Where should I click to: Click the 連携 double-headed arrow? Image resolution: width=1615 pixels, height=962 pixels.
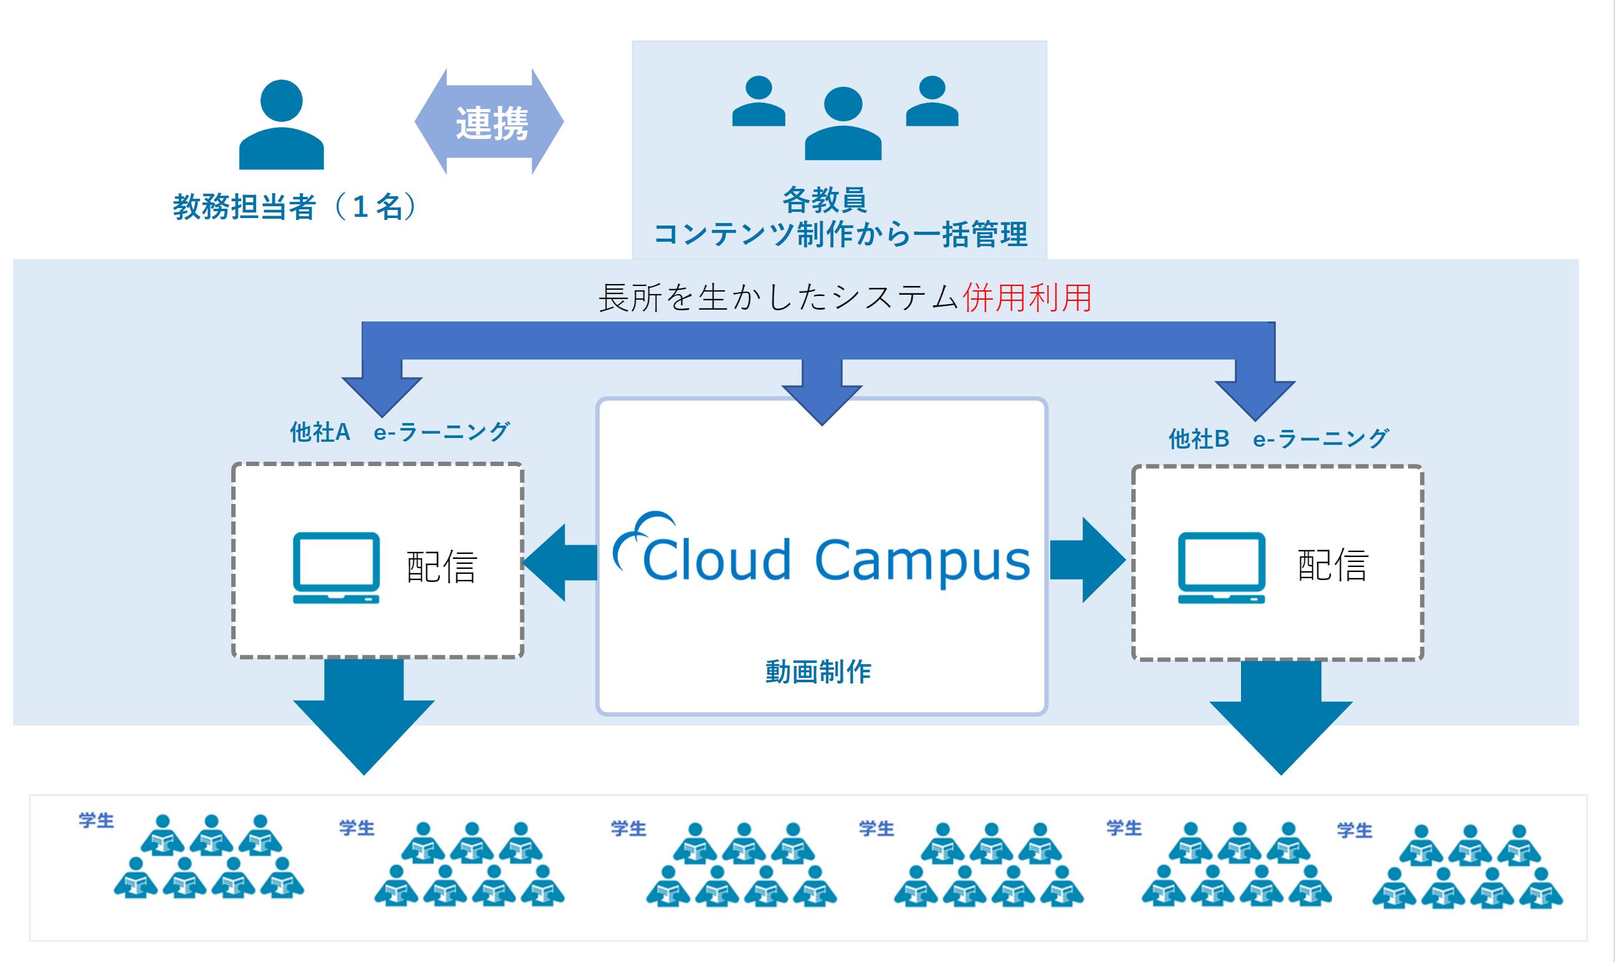tap(489, 122)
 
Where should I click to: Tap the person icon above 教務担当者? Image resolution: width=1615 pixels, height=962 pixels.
tap(281, 125)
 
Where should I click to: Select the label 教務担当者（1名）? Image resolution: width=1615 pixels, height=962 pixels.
tap(295, 207)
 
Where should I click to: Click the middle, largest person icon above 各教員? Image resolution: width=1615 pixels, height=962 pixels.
tap(843, 123)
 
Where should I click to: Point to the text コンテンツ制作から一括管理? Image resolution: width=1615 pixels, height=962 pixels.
tap(841, 234)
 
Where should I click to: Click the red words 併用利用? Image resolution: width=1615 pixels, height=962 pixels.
tap(1027, 298)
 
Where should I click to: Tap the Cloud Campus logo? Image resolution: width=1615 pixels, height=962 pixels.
tap(822, 550)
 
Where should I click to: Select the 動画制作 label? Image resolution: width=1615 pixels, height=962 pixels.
tap(818, 672)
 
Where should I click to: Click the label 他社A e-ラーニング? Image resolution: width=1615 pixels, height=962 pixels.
tap(400, 432)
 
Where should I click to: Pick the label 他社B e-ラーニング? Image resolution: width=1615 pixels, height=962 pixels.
tap(1278, 439)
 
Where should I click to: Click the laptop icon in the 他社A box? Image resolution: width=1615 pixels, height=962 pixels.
tap(336, 568)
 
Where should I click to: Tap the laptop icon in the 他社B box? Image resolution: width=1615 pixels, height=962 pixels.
tap(1222, 568)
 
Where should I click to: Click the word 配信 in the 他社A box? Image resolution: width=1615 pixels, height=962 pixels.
tap(442, 567)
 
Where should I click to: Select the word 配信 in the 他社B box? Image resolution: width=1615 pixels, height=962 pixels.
tap(1333, 565)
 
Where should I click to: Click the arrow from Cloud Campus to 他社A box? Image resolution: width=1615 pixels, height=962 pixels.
tap(560, 563)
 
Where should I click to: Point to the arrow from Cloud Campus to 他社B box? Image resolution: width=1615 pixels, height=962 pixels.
tap(1087, 560)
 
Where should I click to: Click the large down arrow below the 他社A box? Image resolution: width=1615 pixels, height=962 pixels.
tap(364, 717)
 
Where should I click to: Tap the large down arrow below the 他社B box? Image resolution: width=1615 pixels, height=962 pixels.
tap(1281, 718)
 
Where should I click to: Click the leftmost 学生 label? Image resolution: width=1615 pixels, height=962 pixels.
tap(97, 821)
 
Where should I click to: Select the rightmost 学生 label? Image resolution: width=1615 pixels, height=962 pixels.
tap(1355, 831)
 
